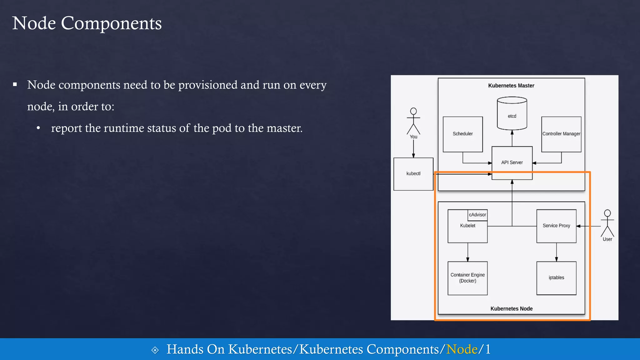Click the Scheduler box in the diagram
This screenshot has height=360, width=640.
click(x=462, y=134)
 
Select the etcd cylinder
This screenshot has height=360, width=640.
click(x=512, y=114)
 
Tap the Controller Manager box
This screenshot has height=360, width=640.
click(x=561, y=134)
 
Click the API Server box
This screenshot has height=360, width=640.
click(x=512, y=162)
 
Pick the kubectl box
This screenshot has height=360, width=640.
click(x=413, y=174)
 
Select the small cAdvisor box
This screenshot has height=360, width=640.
click(x=477, y=215)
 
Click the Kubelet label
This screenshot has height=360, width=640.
click(x=467, y=226)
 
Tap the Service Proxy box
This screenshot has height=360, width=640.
click(x=556, y=226)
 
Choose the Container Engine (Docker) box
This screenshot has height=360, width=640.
click(x=467, y=278)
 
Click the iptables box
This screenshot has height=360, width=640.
click(x=556, y=278)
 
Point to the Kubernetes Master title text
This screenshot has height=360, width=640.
click(x=511, y=86)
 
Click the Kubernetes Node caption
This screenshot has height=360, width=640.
click(x=511, y=309)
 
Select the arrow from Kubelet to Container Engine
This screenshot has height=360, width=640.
click(x=468, y=252)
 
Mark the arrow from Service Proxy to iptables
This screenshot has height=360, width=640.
click(x=557, y=252)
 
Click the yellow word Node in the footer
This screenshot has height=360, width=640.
click(x=462, y=349)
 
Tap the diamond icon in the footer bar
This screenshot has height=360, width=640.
click(x=155, y=350)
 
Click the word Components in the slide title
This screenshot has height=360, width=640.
click(x=111, y=23)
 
